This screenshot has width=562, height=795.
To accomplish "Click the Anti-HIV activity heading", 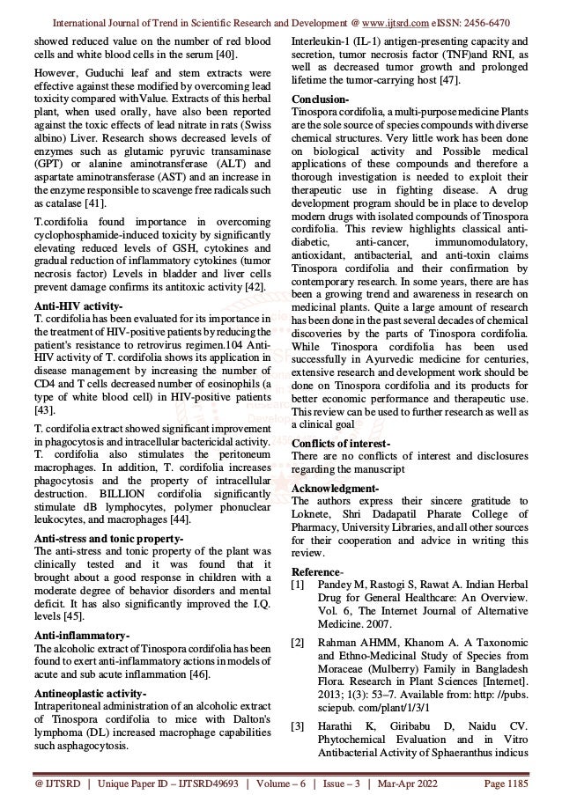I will (x=68, y=304).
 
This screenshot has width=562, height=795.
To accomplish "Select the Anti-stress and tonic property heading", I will (x=107, y=536).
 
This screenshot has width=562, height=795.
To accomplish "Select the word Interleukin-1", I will (x=322, y=40).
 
